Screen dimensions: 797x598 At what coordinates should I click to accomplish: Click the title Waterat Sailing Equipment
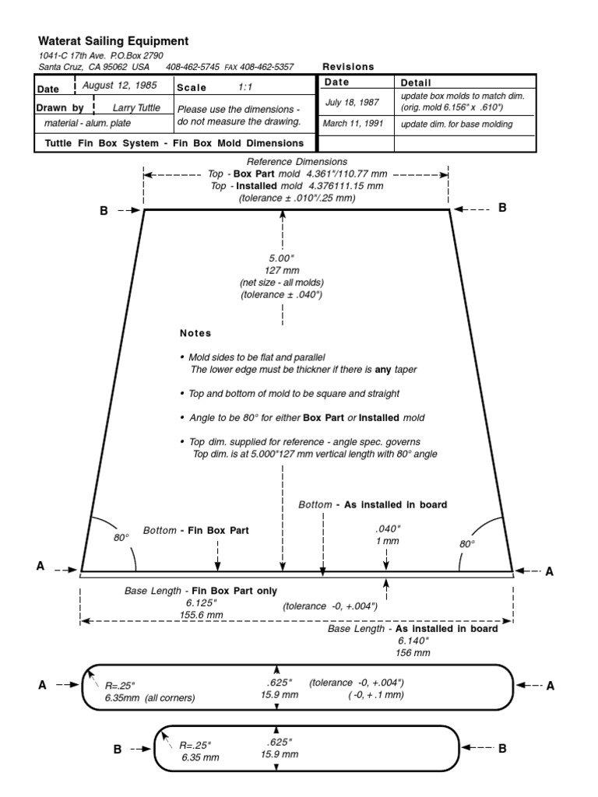(113, 41)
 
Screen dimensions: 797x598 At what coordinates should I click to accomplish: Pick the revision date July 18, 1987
(351, 101)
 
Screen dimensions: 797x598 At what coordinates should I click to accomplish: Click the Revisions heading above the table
(348, 67)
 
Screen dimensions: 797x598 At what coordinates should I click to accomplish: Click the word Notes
(195, 333)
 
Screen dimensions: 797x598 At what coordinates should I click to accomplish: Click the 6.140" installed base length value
(413, 640)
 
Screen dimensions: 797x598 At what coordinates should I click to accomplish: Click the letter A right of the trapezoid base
(549, 571)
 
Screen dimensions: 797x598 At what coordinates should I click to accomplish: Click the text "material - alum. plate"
(87, 124)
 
